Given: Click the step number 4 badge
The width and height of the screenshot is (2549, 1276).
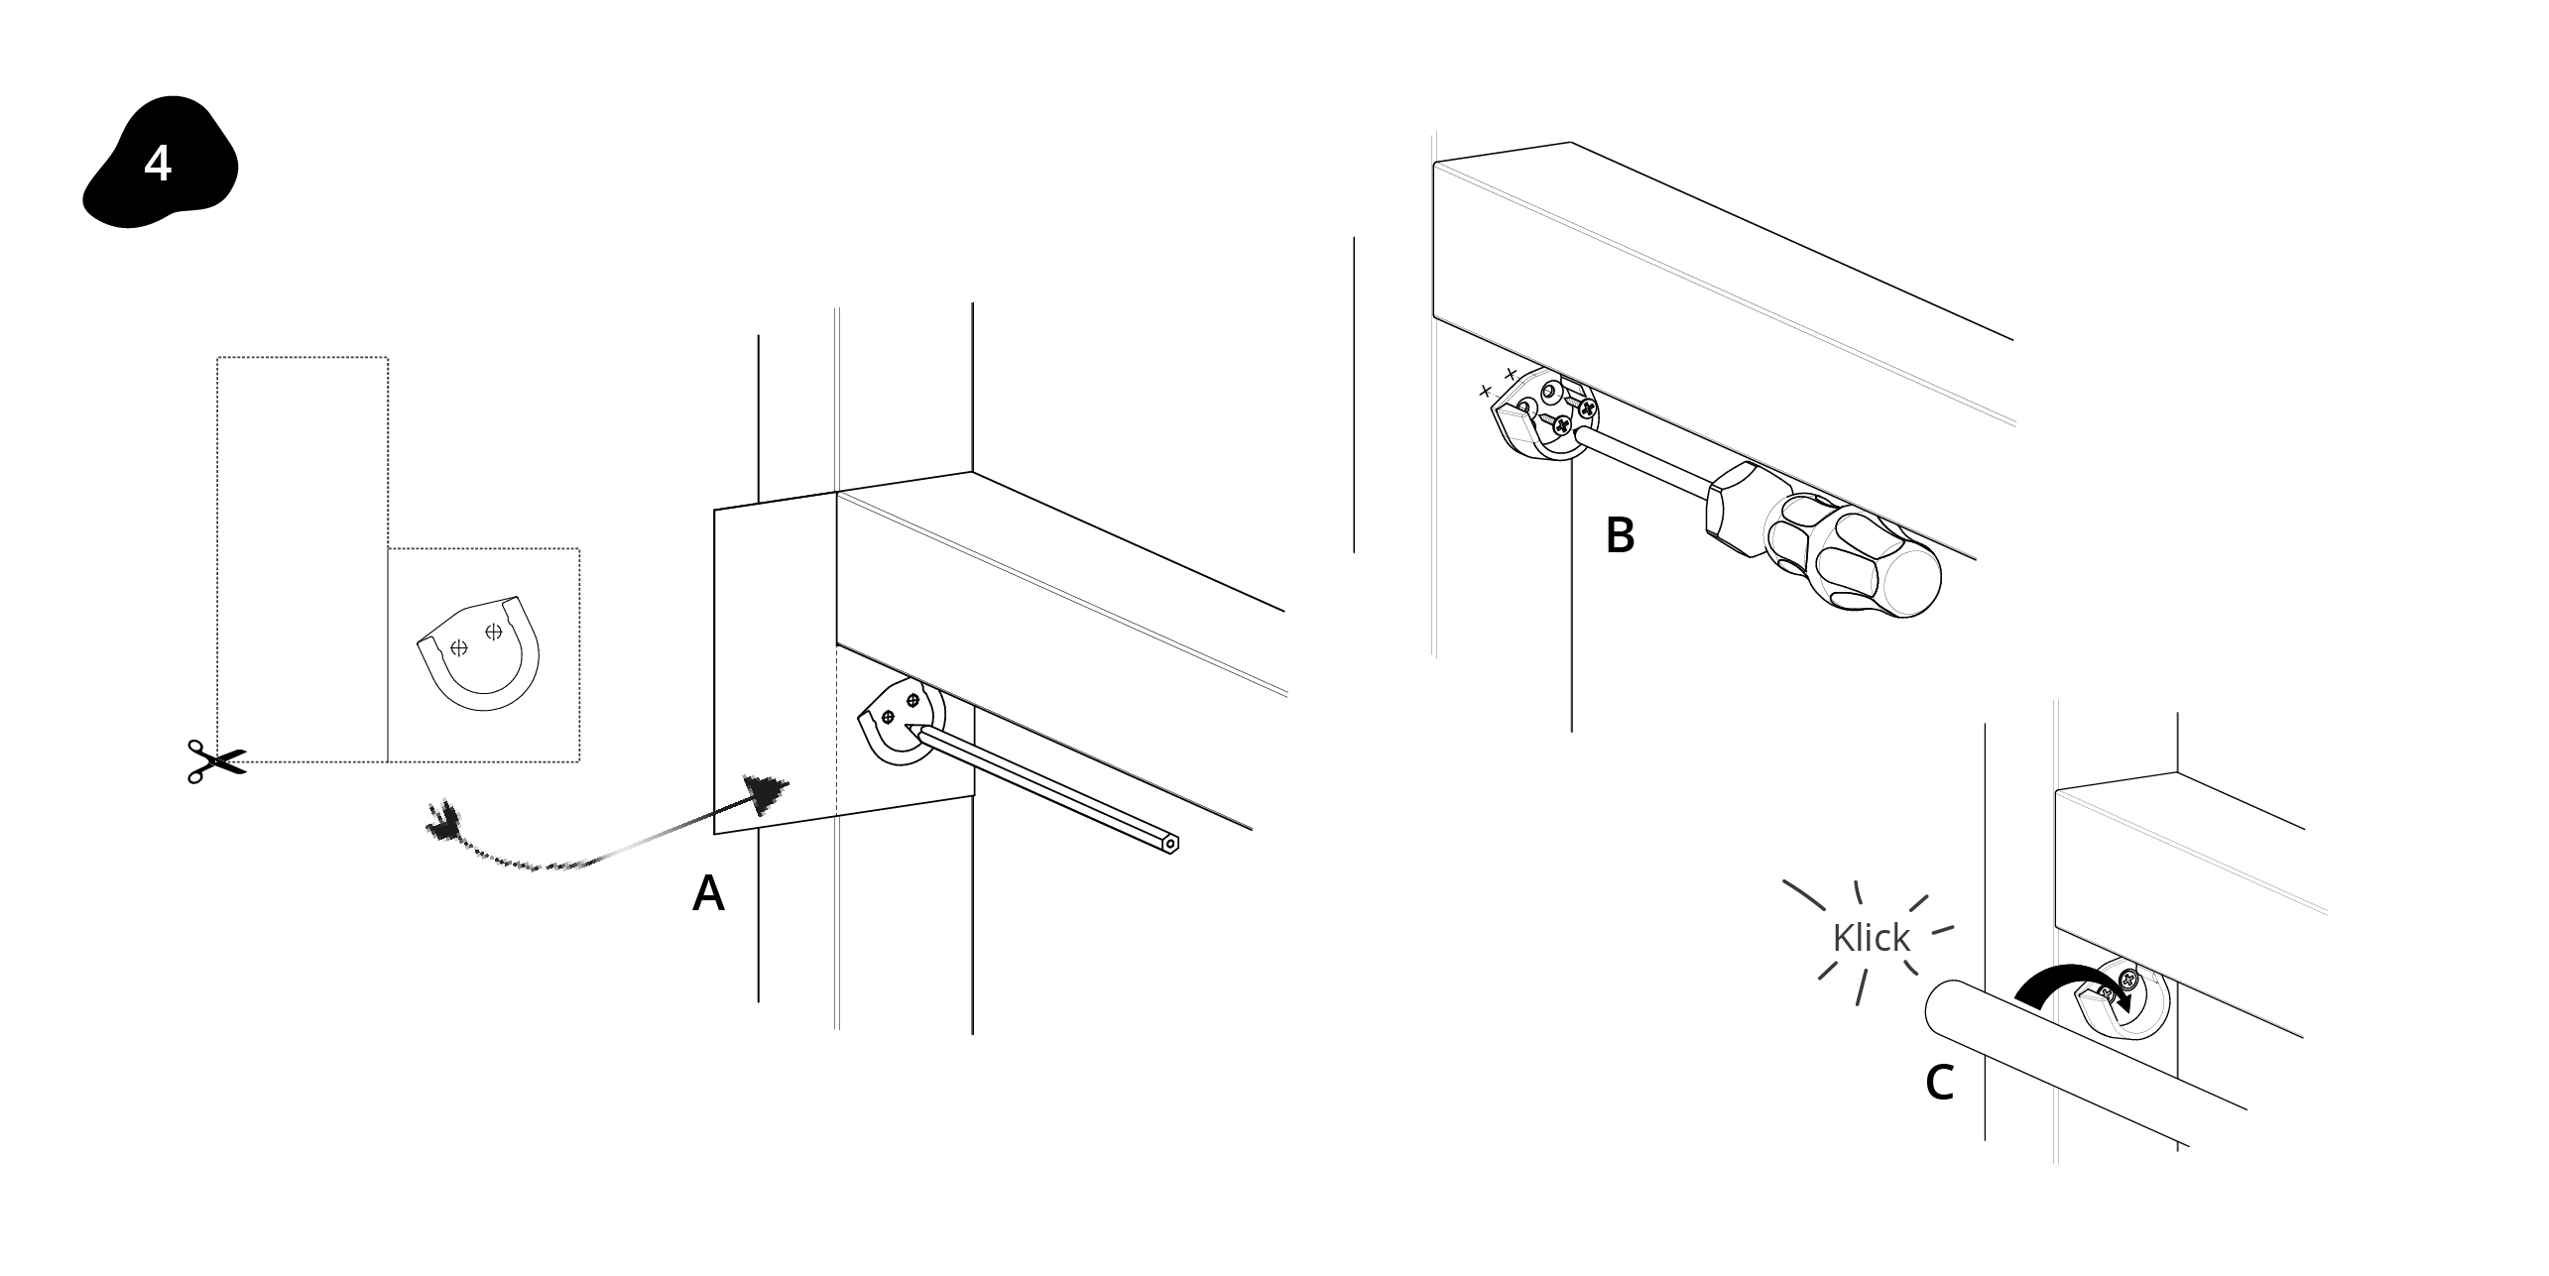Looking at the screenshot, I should coord(160,164).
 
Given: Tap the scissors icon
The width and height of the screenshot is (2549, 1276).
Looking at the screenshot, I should coord(214,760).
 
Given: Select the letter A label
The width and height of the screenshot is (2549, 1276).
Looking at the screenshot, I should coord(708,893).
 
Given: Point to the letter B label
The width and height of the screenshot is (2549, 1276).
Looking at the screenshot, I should coord(1620,535).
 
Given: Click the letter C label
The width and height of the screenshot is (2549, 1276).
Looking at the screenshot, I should coord(1939,1084).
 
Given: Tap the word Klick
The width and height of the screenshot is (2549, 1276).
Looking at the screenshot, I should coord(1871,938).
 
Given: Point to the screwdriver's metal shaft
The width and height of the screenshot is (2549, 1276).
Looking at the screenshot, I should coord(1646,461).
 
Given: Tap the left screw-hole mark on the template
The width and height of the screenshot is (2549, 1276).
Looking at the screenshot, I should coord(458,647).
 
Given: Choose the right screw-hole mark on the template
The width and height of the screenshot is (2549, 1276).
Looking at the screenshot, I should coord(493,632).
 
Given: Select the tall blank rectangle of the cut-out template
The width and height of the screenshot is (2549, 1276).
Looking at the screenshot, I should coord(303,555).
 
